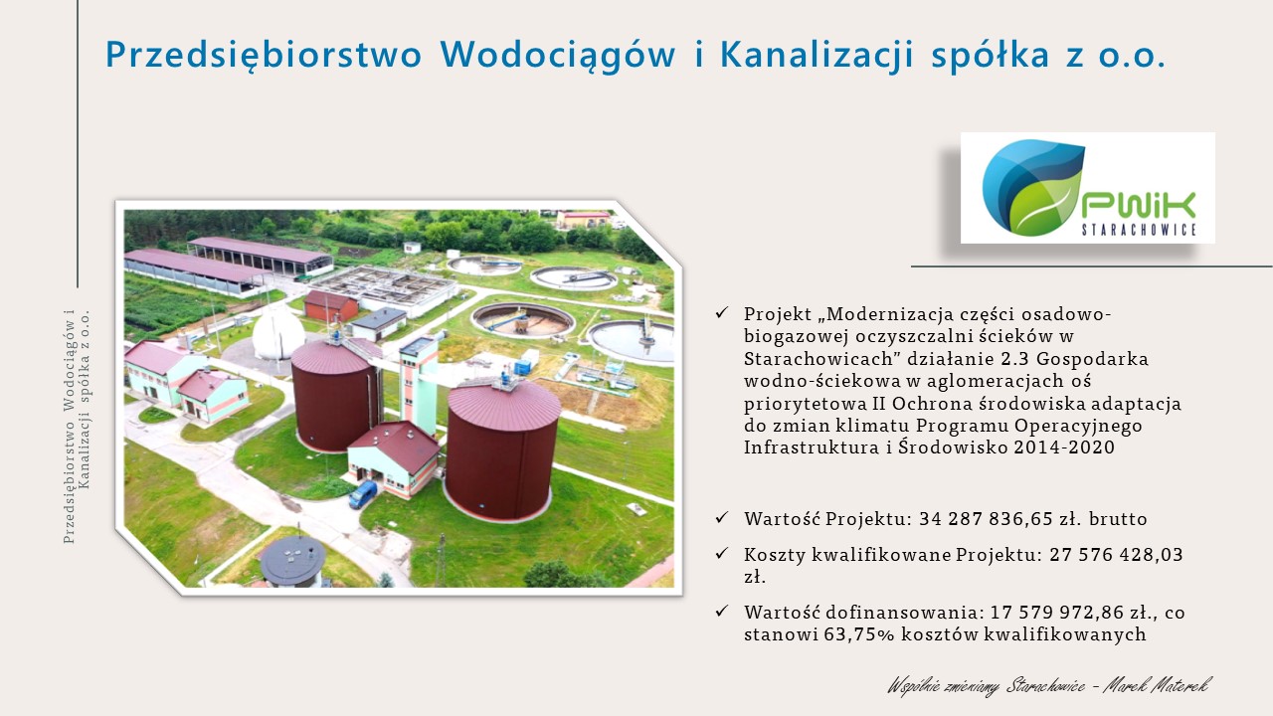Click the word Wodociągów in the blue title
click(558, 55)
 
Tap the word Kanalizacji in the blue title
click(817, 55)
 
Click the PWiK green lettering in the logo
click(1139, 205)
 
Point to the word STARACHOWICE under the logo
click(1139, 230)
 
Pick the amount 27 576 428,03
click(1116, 554)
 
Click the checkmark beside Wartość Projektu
click(722, 518)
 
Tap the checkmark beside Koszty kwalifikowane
click(722, 553)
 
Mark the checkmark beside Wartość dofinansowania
click(722, 611)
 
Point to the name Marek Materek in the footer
click(1158, 686)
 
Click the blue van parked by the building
click(363, 494)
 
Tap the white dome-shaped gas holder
click(277, 333)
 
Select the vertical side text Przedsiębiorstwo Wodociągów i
click(70, 427)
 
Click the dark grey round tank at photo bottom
click(292, 560)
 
